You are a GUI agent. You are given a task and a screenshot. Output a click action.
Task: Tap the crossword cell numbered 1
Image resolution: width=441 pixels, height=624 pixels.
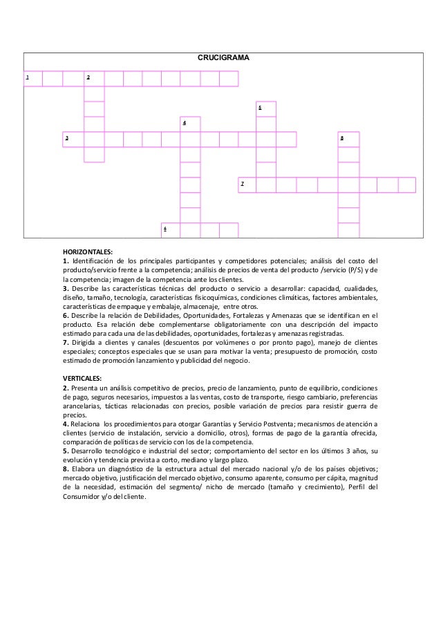[x=33, y=78]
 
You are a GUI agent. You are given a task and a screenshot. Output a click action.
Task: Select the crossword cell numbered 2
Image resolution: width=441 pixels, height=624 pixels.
[x=94, y=78]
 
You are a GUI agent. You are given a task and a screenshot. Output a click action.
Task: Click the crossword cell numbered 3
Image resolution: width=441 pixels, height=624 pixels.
[x=73, y=139]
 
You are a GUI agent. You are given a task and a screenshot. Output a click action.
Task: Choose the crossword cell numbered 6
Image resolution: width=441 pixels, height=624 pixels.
[x=170, y=229]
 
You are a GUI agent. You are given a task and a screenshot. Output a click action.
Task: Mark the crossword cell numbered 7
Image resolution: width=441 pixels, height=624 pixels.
[x=247, y=185]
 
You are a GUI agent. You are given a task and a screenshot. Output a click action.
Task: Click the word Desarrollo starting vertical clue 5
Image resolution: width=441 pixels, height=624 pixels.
[x=89, y=451]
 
